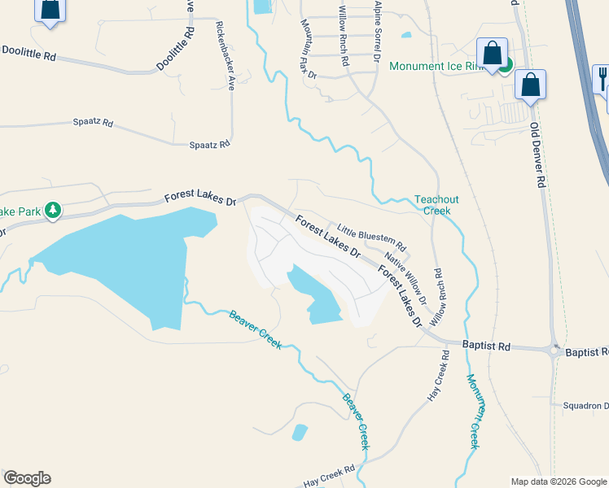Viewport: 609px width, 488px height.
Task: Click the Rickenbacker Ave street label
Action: point(225,54)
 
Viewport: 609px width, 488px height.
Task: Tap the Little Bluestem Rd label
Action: point(371,237)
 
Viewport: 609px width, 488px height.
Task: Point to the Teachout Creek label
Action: point(432,204)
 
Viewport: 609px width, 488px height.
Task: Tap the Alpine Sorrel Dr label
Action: point(377,31)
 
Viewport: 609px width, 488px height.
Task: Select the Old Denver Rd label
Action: point(537,155)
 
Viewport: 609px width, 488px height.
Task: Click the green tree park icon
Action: point(53,211)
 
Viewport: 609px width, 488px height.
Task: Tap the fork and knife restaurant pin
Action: point(602,79)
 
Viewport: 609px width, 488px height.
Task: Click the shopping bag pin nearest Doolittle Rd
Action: point(50,10)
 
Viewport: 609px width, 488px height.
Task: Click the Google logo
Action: point(27,478)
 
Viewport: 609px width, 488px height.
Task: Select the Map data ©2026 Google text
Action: point(558,481)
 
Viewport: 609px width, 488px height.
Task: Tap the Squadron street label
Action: point(585,405)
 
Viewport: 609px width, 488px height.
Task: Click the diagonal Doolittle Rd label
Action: point(176,49)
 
